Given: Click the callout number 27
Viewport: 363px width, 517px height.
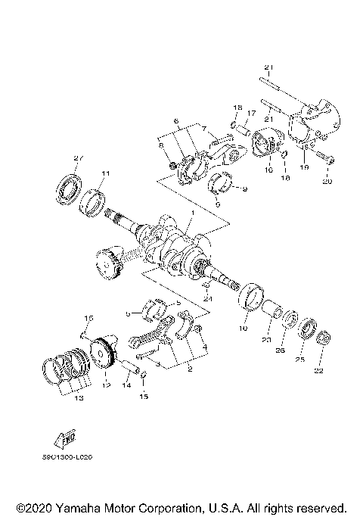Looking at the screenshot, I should [x=76, y=157].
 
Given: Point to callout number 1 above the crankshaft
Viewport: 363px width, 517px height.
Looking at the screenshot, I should [x=192, y=214].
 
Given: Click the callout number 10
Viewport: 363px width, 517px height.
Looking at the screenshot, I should [x=244, y=329].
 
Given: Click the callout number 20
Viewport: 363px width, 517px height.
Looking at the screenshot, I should [x=327, y=182].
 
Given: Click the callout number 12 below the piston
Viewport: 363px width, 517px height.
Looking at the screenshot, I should [x=105, y=384].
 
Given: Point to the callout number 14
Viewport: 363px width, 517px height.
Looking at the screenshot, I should [x=126, y=385].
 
